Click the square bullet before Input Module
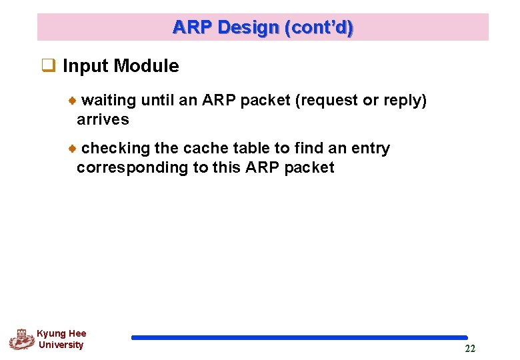pos(48,65)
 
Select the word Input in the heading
pos(85,66)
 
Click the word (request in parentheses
pos(325,101)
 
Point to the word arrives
pos(103,120)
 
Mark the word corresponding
pos(133,167)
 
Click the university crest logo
pos(21,339)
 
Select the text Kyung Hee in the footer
pos(61,333)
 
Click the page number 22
pos(470,349)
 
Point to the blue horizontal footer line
pos(299,338)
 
